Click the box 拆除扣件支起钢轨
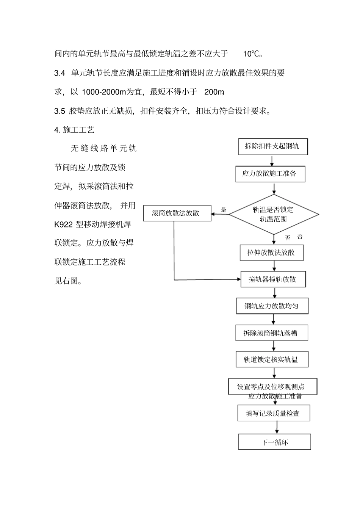click(273, 146)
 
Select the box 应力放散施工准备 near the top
click(270, 174)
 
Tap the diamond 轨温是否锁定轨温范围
click(274, 214)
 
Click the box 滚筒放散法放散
click(177, 213)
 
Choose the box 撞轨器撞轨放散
click(273, 279)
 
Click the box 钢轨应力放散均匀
click(272, 306)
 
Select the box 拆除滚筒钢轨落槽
click(271, 333)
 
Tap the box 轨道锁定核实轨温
click(271, 359)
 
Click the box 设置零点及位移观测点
click(272, 387)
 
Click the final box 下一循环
click(274, 442)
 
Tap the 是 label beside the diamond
click(224, 210)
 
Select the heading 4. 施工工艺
click(74, 130)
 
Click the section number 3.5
click(60, 111)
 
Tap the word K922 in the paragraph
click(64, 224)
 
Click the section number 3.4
click(60, 73)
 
